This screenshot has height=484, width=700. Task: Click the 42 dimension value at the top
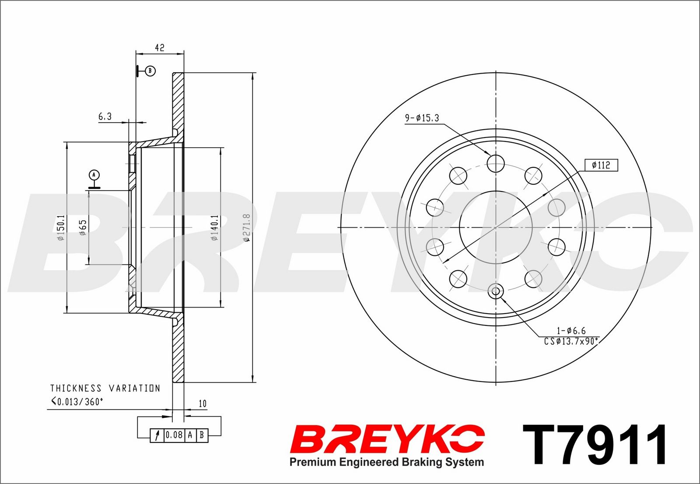159,48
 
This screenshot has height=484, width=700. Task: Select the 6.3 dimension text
105,117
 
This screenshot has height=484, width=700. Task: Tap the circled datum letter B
150,71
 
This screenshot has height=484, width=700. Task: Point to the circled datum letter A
94,175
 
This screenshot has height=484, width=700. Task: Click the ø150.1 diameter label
61,227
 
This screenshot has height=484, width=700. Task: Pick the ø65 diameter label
83,227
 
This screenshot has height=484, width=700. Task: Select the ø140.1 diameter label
214,227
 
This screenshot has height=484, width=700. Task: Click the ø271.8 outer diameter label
247,227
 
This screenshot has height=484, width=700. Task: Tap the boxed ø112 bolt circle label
601,165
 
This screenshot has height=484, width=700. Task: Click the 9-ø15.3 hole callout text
422,118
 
